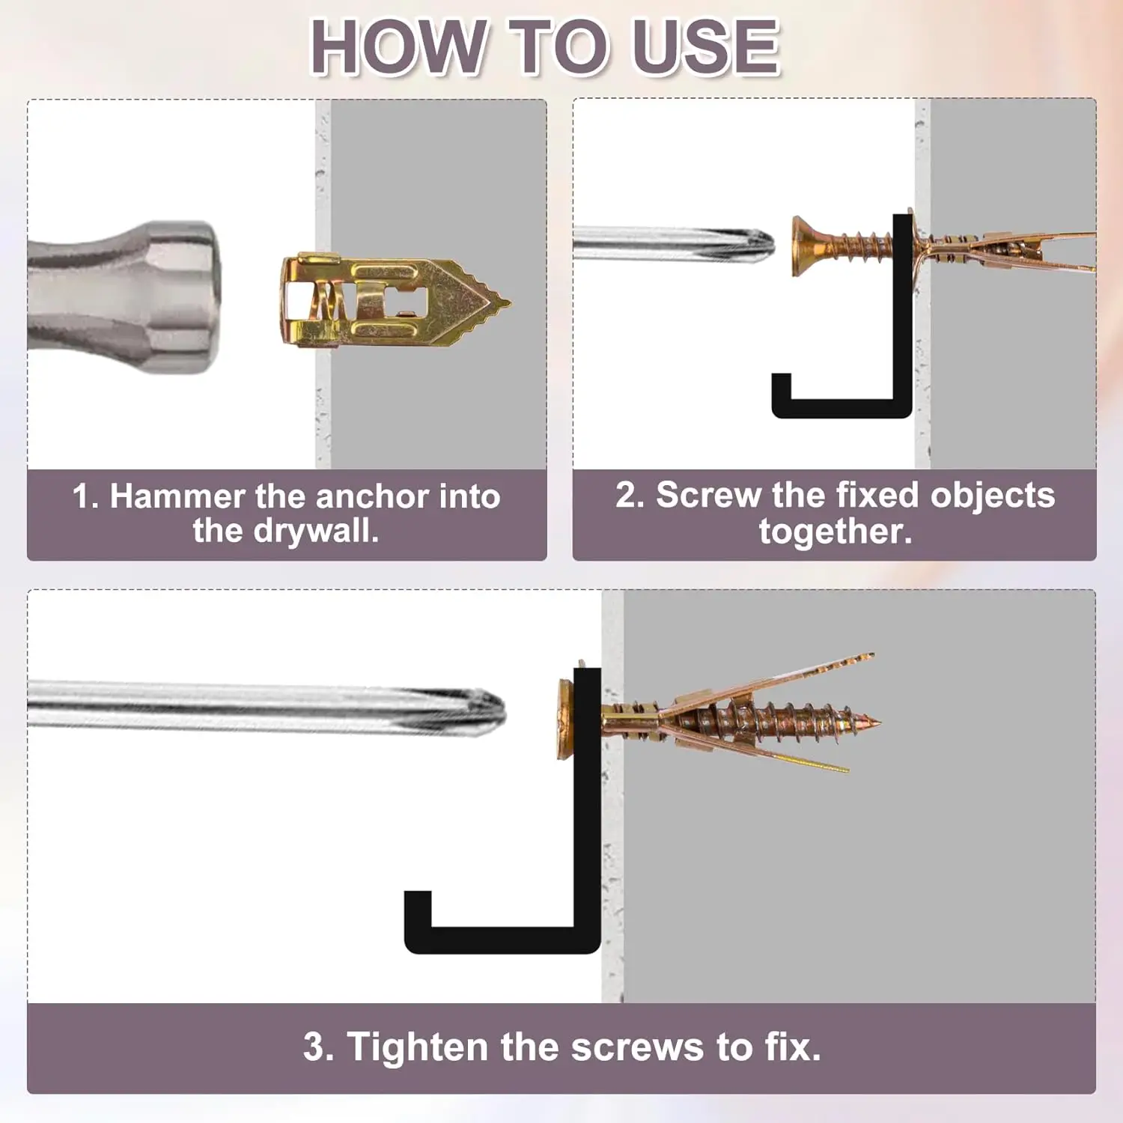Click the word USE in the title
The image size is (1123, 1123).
705,47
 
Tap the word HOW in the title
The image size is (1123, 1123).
397,47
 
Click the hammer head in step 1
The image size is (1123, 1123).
183,296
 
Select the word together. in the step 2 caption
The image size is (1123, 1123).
836,532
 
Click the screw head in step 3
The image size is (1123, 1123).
566,719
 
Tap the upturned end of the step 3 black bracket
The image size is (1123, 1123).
418,906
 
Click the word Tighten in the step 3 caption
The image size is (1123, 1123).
418,1047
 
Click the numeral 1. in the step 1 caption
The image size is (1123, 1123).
85,497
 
